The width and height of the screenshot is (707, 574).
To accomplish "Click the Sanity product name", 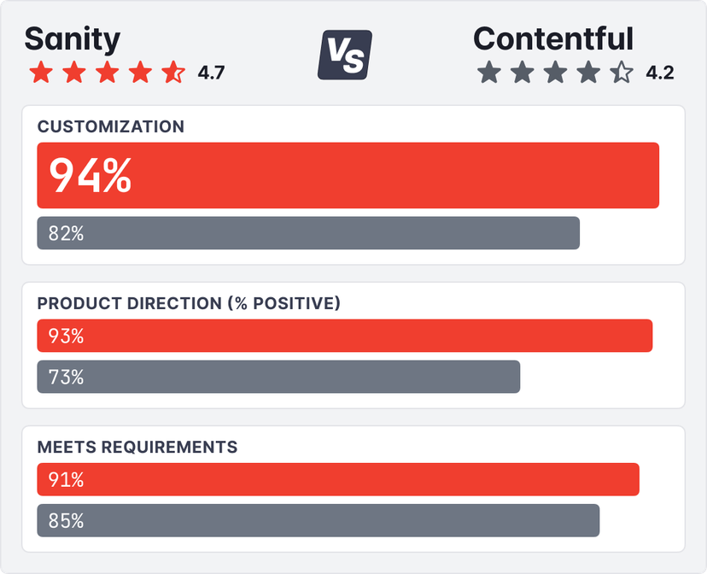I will [x=73, y=39].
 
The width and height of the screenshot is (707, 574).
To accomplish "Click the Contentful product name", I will [x=553, y=39].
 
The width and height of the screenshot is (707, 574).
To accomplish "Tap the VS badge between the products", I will [x=345, y=55].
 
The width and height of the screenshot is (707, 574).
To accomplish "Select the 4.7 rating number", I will [x=211, y=73].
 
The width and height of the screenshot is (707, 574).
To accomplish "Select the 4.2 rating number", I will [x=660, y=73].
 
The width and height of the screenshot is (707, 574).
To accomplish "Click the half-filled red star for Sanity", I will [x=173, y=72].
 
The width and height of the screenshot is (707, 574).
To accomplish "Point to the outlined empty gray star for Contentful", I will [x=622, y=72].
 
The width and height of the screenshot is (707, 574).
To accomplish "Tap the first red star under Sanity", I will [x=40, y=72].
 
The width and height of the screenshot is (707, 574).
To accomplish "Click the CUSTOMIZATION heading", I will [x=111, y=126].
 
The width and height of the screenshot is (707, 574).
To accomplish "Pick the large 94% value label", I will [x=90, y=175].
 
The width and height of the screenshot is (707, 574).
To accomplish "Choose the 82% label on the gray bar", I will [x=66, y=233].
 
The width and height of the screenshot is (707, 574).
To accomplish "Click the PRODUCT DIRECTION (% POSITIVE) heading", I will [x=189, y=303].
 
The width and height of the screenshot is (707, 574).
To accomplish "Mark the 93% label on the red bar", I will [x=66, y=336].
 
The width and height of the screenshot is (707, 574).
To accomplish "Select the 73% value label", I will [x=66, y=377].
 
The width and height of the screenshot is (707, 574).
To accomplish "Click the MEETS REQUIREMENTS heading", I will [x=137, y=447].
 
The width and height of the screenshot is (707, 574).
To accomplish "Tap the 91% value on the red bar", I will [x=66, y=479].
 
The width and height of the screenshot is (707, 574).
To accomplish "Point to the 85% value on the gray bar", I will [x=66, y=520].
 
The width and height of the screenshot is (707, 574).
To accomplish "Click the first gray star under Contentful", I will [x=488, y=72].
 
